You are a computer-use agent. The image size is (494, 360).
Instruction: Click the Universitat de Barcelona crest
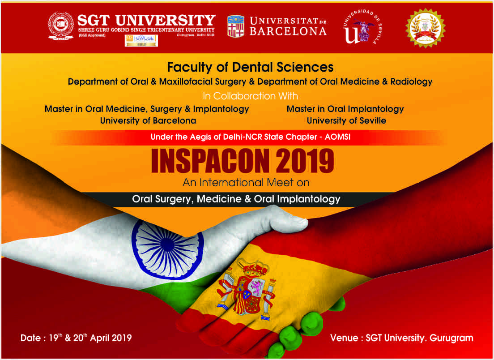[x=236, y=26]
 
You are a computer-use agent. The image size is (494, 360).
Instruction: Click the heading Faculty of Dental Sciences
[x=250, y=67]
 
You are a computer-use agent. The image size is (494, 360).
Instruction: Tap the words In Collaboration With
[x=250, y=96]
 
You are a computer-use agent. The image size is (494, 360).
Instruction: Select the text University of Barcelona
[x=148, y=120]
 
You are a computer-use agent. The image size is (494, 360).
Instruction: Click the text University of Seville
[x=346, y=120]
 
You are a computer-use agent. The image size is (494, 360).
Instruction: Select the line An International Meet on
[x=246, y=182]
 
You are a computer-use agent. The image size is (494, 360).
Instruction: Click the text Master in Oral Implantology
[x=345, y=109]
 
